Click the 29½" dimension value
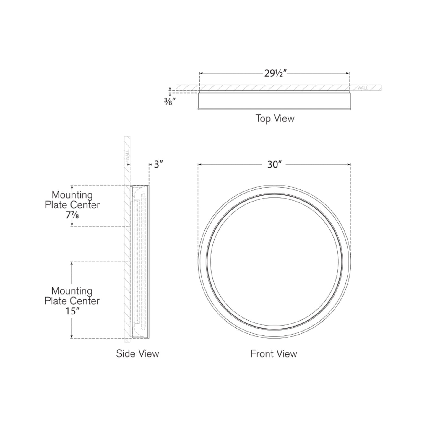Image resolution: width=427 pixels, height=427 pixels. pyautogui.click(x=274, y=73)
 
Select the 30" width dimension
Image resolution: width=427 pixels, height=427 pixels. pyautogui.click(x=274, y=164)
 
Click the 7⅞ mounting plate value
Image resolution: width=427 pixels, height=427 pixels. pyautogui.click(x=72, y=215)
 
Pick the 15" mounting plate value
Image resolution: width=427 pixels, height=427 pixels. pyautogui.click(x=72, y=311)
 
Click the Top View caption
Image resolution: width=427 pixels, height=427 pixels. pyautogui.click(x=275, y=118)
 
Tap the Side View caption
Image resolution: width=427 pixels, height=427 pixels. pyautogui.click(x=137, y=353)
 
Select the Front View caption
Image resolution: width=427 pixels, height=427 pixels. pyautogui.click(x=274, y=353)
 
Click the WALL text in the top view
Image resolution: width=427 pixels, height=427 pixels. pyautogui.click(x=363, y=88)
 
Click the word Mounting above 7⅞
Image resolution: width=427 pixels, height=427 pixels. pyautogui.click(x=72, y=195)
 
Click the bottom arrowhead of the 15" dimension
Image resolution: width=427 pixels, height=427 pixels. pyautogui.click(x=72, y=337)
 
